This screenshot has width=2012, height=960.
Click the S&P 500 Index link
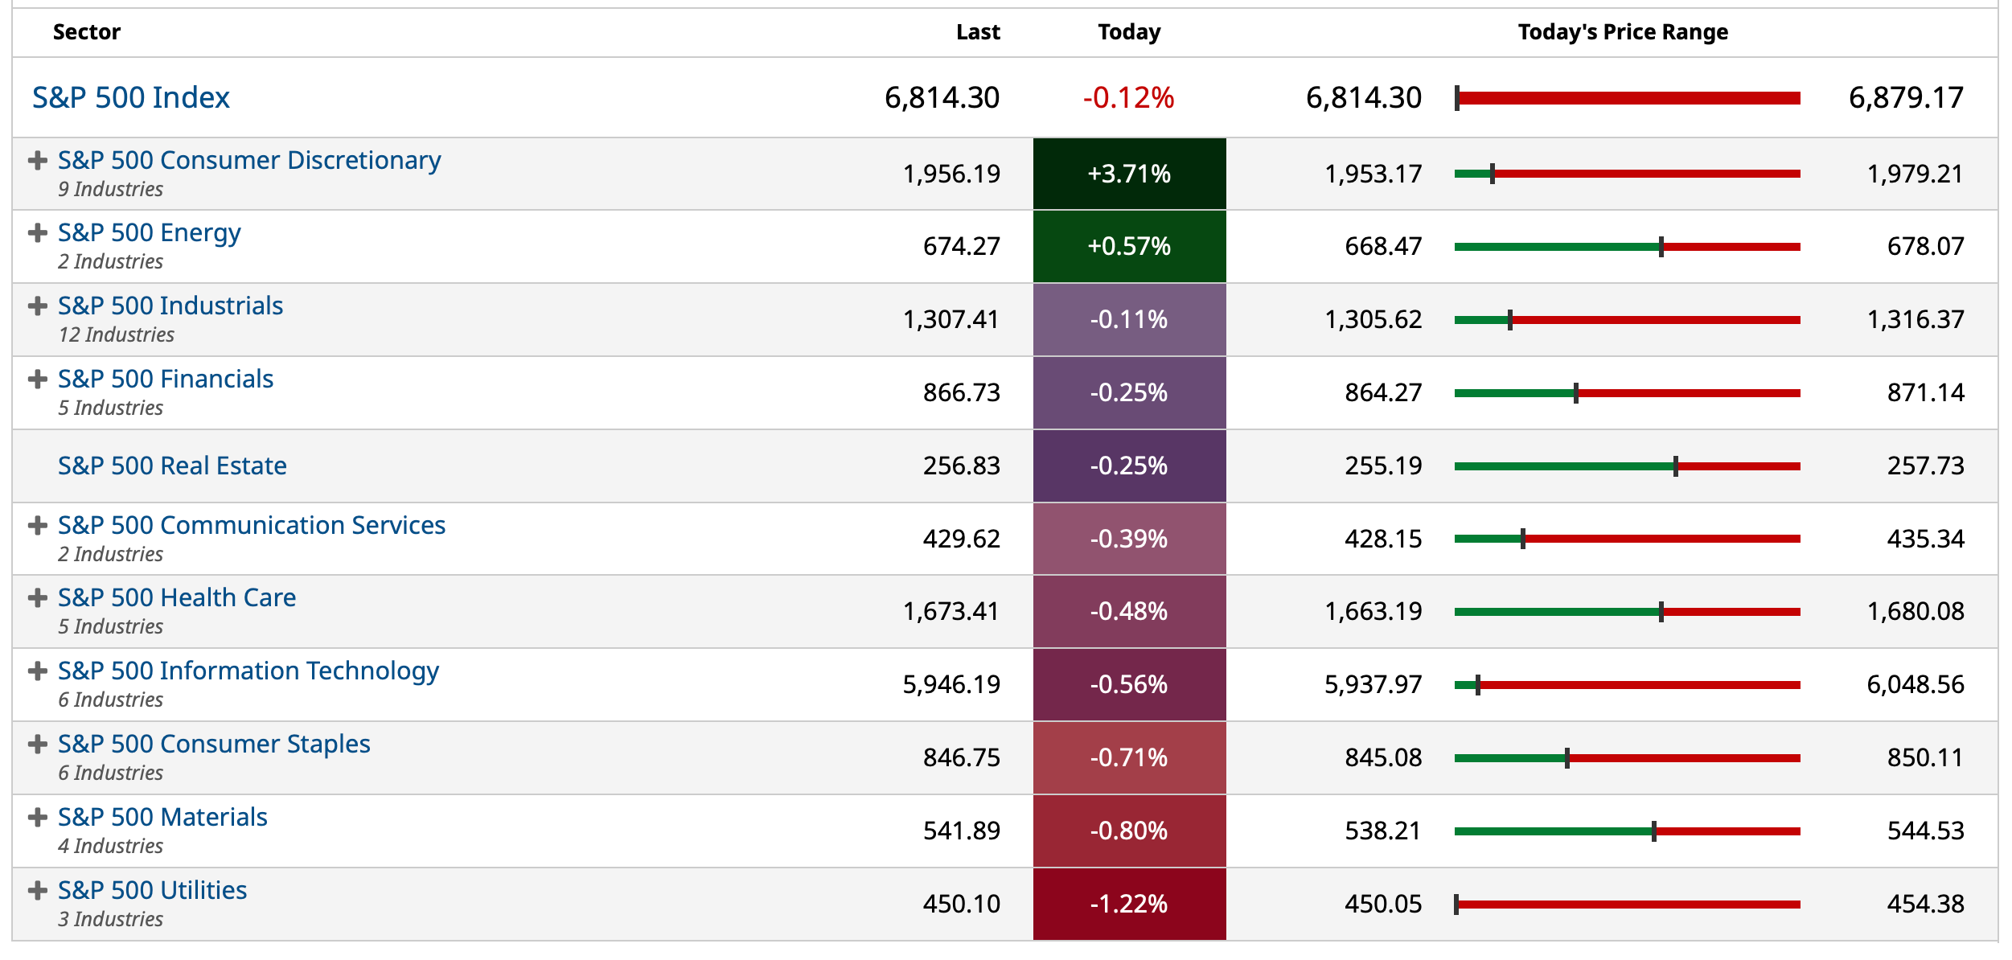[131, 97]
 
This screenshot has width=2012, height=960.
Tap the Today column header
[1129, 32]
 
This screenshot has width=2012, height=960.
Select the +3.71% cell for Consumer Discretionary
[1129, 174]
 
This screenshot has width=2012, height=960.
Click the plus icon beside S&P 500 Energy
[37, 233]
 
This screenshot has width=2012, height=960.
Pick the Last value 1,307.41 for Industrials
[951, 320]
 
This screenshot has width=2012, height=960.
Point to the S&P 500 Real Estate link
[172, 466]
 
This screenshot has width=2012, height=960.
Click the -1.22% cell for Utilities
[1129, 904]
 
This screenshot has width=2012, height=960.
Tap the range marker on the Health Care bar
[1661, 612]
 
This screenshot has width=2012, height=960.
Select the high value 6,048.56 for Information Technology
[1915, 685]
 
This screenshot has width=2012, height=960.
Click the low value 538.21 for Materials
[1382, 831]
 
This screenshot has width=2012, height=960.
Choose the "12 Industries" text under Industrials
[116, 334]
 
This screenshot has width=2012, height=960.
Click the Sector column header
[86, 32]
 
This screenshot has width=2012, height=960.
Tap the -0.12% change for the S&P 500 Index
[1128, 98]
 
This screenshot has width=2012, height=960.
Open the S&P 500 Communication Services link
[252, 525]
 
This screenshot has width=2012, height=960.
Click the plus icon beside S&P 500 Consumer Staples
[37, 745]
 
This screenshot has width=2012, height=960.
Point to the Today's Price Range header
[1623, 32]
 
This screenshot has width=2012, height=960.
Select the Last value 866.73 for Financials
[961, 392]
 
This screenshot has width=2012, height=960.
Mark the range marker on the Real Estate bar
[1676, 466]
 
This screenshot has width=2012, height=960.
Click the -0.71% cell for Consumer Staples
[1129, 757]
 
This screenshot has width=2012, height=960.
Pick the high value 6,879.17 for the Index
[1906, 98]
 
